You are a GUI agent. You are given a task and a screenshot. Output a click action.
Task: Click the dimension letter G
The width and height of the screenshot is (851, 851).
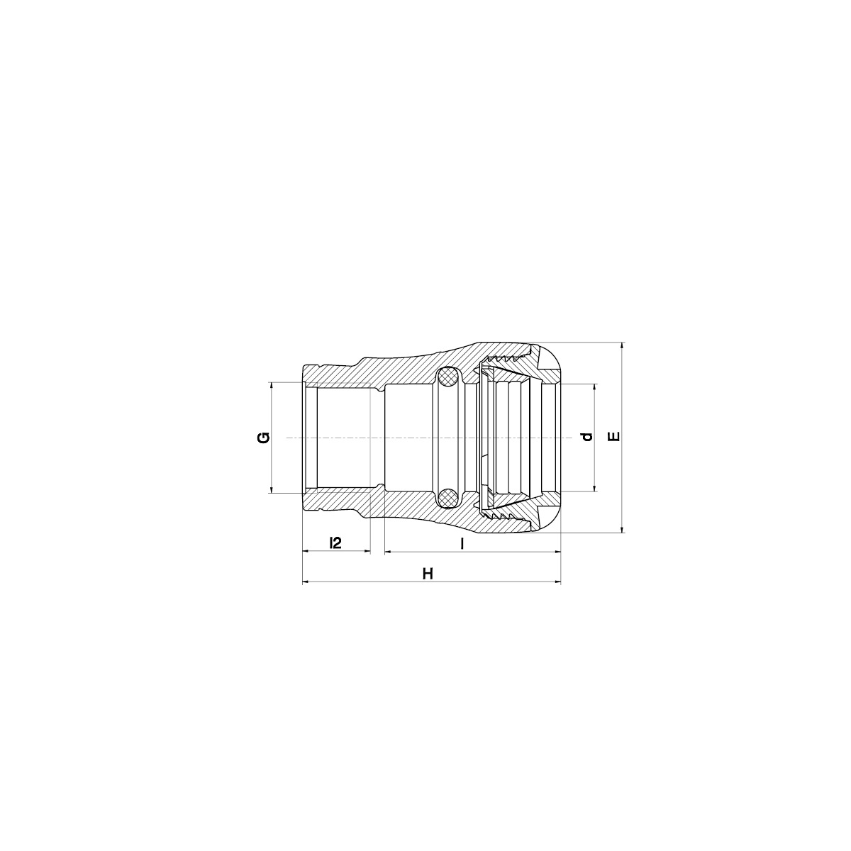click(x=264, y=438)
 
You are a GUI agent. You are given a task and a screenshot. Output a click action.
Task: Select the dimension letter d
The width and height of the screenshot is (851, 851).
click(x=587, y=437)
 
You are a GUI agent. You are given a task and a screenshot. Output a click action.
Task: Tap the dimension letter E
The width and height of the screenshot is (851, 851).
click(x=614, y=437)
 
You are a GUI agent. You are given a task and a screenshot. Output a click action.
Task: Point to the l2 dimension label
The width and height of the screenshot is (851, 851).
click(x=335, y=543)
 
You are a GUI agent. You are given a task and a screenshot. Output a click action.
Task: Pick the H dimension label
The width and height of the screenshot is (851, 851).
click(x=428, y=574)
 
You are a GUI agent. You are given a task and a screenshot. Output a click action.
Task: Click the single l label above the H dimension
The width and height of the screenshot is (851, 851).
click(x=462, y=543)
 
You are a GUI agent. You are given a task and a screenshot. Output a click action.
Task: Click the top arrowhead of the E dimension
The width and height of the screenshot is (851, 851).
click(x=622, y=346)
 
